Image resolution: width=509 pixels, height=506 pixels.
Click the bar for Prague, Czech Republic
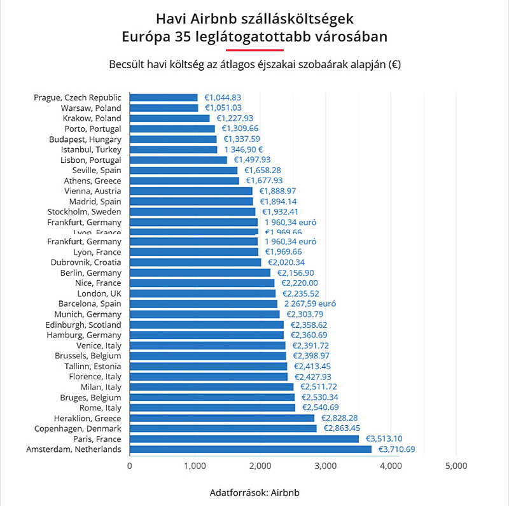click(x=164, y=97)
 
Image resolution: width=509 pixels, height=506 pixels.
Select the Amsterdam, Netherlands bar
click(x=250, y=449)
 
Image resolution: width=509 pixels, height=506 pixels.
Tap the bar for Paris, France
click(x=244, y=439)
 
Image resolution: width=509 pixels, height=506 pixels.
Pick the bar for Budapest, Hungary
click(x=173, y=139)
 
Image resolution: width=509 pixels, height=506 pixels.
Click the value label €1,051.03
click(x=223, y=108)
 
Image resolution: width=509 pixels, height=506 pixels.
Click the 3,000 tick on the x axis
click(x=324, y=466)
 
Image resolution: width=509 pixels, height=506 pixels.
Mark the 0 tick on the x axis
click(x=130, y=466)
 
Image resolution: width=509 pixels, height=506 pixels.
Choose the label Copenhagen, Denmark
click(x=80, y=428)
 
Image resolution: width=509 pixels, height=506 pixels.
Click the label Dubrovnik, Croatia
click(x=86, y=262)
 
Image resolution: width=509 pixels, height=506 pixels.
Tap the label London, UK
click(x=99, y=293)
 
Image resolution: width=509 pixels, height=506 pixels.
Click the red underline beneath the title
click(x=254, y=50)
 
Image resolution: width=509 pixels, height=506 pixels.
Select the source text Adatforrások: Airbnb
click(x=254, y=493)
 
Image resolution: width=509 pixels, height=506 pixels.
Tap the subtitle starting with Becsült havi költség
click(x=254, y=64)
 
